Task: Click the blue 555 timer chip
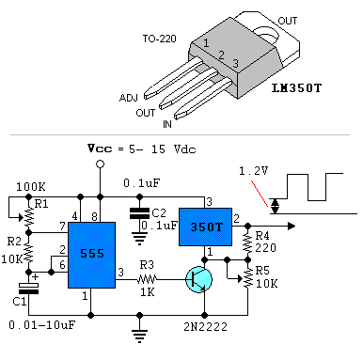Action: (x=91, y=255)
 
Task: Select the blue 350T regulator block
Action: (x=205, y=227)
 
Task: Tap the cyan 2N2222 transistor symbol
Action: (x=198, y=279)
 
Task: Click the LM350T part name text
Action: (x=296, y=88)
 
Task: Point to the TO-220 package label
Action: (x=159, y=39)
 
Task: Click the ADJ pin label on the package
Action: (x=129, y=98)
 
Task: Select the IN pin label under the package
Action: (x=167, y=124)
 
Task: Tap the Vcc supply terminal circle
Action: (x=100, y=164)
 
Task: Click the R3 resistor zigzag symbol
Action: (x=147, y=279)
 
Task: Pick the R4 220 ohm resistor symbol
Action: (x=247, y=243)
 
